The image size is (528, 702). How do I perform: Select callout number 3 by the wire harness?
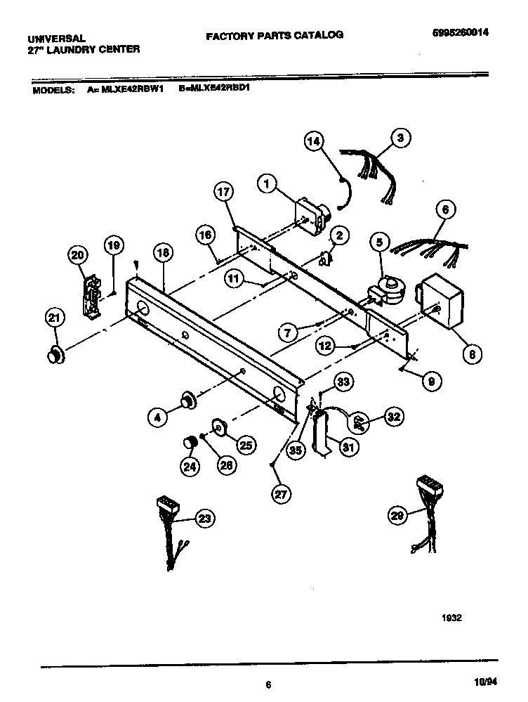400,138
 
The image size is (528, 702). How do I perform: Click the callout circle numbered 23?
204,519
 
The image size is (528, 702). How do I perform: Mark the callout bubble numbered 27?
281,494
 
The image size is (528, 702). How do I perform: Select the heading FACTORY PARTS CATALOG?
274,34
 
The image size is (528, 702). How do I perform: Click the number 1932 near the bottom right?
452,618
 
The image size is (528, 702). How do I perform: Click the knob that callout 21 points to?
54,356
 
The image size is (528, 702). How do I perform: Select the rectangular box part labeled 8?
440,302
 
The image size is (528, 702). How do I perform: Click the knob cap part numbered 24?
188,443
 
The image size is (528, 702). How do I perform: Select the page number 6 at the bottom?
268,684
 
